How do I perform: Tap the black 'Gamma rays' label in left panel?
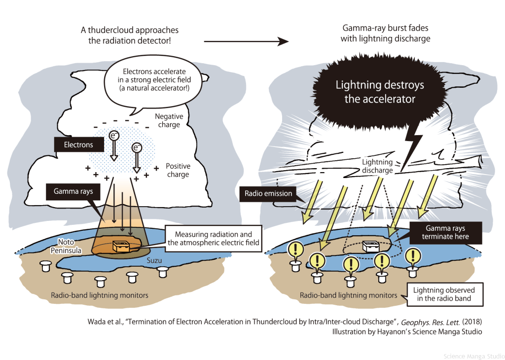pos(71,190)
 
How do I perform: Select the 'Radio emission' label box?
pos(268,194)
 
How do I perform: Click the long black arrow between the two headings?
pos(246,42)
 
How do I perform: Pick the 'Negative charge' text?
pos(169,121)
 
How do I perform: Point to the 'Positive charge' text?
pos(178,170)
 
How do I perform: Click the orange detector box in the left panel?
pos(121,246)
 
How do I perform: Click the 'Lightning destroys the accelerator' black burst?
pos(380,92)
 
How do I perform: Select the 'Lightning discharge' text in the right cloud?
pos(377,166)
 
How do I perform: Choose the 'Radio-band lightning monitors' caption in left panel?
pos(98,295)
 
